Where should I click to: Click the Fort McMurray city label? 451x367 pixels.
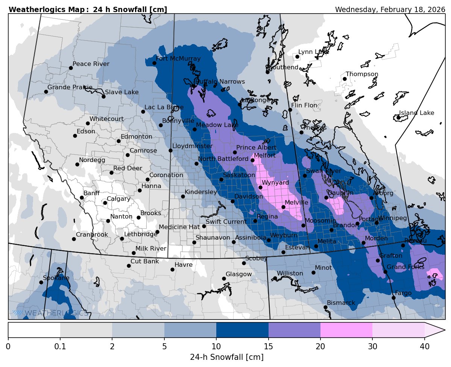coord(178,58)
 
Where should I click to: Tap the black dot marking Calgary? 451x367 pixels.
coord(105,203)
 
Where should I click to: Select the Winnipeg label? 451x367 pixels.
coord(393,218)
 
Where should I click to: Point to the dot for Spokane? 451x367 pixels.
coord(41,282)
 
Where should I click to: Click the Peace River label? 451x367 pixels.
coord(91,64)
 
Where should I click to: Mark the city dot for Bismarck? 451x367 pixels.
coord(325,307)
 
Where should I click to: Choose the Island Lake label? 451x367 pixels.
coord(416,113)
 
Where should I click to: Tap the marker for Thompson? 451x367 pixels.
coord(345,79)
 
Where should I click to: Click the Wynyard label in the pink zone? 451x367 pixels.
coord(275,182)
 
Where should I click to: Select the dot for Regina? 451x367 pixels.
coord(255,221)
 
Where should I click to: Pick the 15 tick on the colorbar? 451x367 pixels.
coord(268,346)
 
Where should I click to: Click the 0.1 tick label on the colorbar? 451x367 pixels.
coord(60,346)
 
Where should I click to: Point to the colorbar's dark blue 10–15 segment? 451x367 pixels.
coord(242,330)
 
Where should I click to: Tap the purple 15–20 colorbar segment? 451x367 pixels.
coord(294,330)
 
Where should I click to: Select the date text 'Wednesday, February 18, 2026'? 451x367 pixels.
coord(390,9)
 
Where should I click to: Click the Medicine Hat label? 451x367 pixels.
coord(179,227)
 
